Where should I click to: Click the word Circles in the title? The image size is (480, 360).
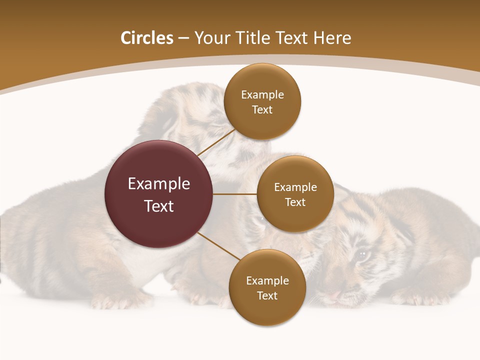tap(147, 38)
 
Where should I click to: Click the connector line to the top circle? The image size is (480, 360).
tap(216, 142)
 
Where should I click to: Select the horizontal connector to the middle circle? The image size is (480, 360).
tap(235, 194)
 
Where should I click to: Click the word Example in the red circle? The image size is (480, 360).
tap(159, 184)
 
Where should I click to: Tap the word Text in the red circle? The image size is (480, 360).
tap(159, 206)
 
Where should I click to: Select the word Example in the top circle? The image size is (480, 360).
tap(262, 95)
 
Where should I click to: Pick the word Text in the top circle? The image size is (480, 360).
tap(262, 110)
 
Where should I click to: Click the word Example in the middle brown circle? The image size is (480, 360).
tap(295, 187)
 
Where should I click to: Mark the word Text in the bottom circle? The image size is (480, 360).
tap(267, 296)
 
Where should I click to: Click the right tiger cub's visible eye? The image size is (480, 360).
tap(362, 255)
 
